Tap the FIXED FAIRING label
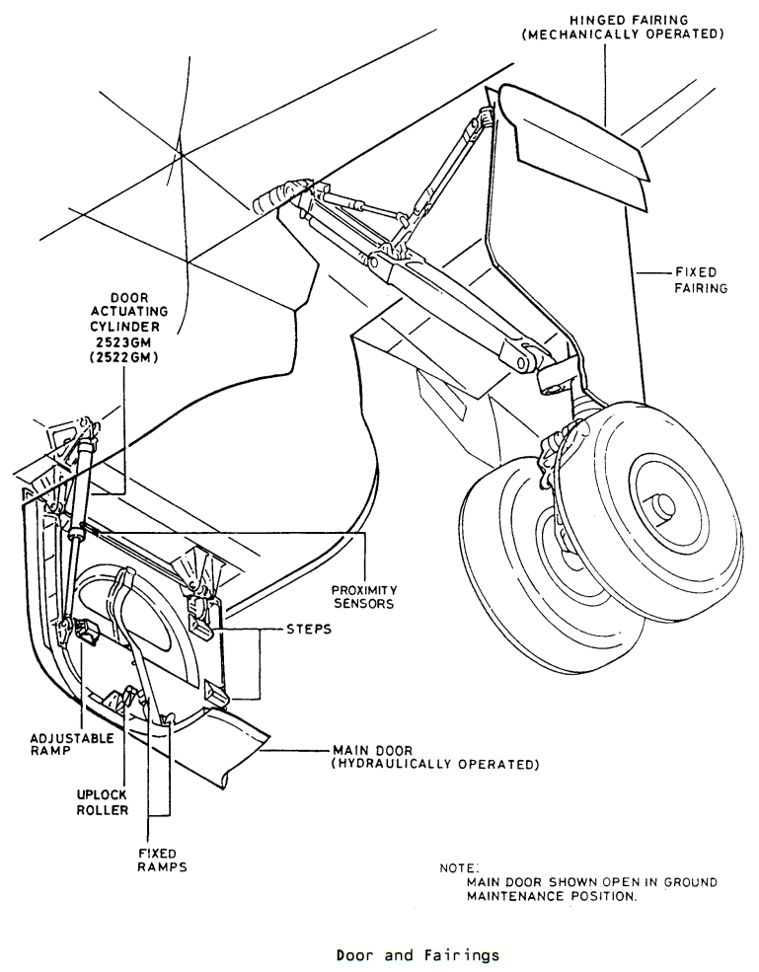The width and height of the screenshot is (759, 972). (x=701, y=280)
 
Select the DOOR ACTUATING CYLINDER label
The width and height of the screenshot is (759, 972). (x=129, y=313)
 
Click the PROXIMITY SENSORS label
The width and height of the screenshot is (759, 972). (x=364, y=597)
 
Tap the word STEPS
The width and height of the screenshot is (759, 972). (x=309, y=630)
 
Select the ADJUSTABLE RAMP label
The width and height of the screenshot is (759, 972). (x=72, y=744)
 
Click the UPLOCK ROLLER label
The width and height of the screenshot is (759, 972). (x=103, y=802)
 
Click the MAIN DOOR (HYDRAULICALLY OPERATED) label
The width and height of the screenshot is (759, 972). (x=436, y=758)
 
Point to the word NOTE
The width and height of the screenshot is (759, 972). (x=459, y=867)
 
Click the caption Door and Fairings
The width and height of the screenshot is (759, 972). (x=417, y=955)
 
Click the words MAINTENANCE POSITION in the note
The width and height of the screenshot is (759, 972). (x=552, y=896)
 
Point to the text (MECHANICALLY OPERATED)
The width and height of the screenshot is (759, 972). (x=623, y=35)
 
